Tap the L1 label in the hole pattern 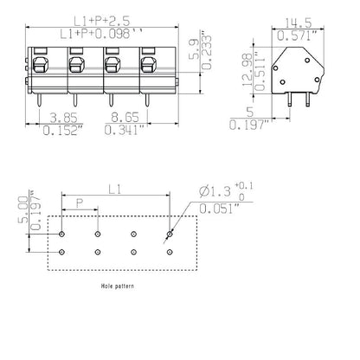[x=116, y=188]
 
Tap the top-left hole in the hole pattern [x=62, y=234]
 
